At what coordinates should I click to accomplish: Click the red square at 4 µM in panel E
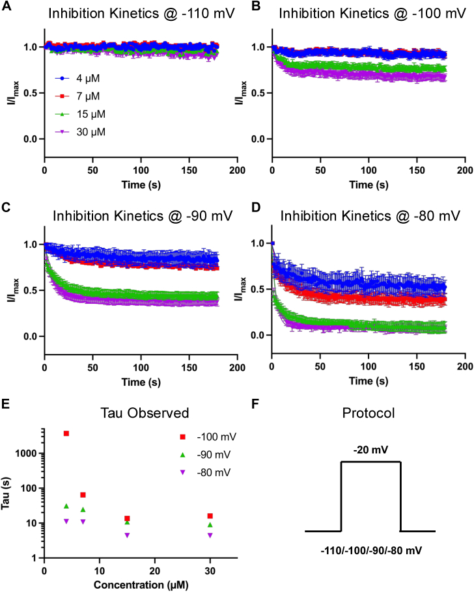tap(66, 433)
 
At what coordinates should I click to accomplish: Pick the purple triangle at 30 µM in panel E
tap(210, 535)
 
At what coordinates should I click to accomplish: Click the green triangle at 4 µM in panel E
tap(66, 506)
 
